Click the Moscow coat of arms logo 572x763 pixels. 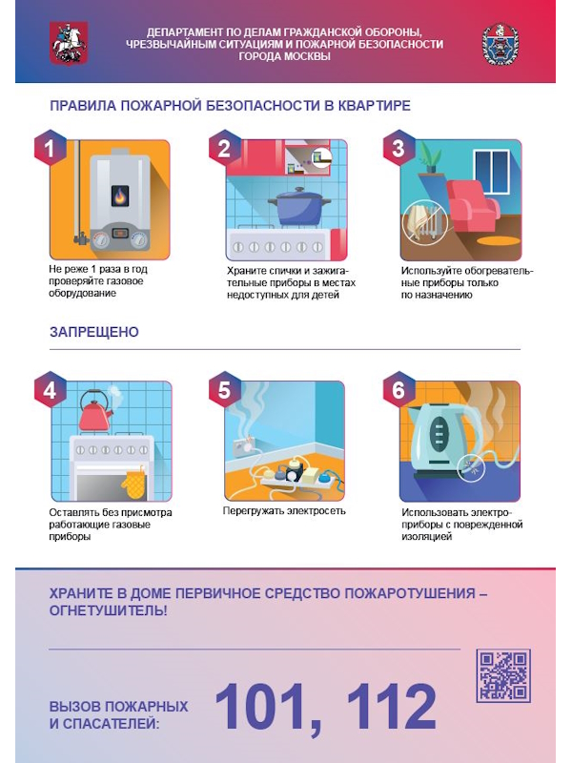tap(69, 43)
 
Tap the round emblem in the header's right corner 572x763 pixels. tap(500, 44)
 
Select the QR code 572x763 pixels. tap(503, 676)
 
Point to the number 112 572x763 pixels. tap(391, 706)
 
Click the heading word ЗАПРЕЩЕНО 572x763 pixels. tap(94, 332)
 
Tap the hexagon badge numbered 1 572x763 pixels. tap(50, 149)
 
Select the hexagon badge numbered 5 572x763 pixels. tap(224, 390)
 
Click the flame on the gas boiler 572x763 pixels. tap(120, 196)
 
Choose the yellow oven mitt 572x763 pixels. tap(133, 483)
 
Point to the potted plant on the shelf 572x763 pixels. tap(431, 155)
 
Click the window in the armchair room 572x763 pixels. tap(491, 171)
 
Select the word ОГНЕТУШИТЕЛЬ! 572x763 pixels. tap(108, 610)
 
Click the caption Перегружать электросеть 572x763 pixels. tap(284, 511)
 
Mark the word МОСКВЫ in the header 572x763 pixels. tap(306, 56)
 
